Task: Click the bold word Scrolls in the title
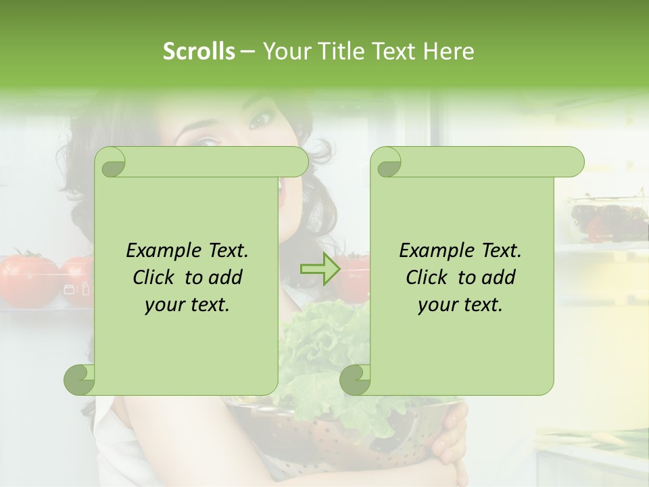199,51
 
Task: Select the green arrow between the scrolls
320,269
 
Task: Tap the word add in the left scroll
226,277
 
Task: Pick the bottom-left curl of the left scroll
79,379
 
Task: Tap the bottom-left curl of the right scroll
355,379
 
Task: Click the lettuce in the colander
318,352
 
